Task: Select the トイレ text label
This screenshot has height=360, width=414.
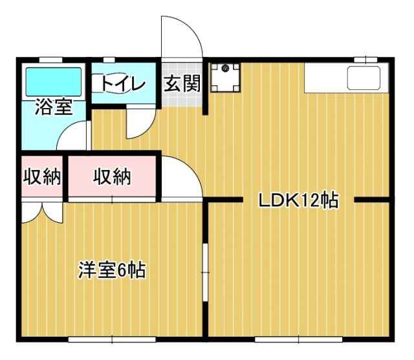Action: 122,83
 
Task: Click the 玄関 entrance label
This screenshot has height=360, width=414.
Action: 181,83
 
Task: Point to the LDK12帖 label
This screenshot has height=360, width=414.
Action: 298,201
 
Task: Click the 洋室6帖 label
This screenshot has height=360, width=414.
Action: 112,269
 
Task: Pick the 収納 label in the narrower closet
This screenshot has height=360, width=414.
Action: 42,176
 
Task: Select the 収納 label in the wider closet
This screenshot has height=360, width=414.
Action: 112,176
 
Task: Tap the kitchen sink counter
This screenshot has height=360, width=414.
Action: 346,78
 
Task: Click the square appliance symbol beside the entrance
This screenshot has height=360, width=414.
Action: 224,76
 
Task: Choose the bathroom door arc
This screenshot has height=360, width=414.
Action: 72,137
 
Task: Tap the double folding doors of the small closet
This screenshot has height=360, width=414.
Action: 42,213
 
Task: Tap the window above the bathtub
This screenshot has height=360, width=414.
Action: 53,60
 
